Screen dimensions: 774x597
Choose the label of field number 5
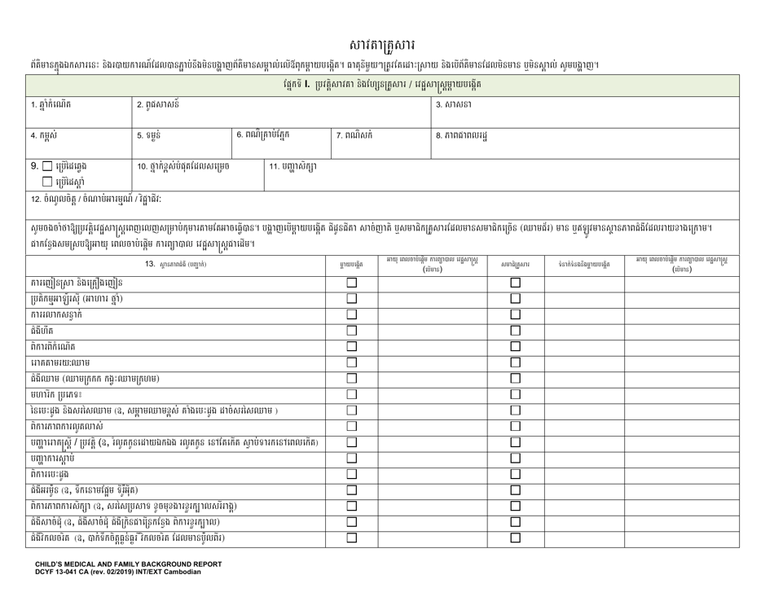(x=152, y=135)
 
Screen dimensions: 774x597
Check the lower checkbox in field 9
(x=36, y=181)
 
